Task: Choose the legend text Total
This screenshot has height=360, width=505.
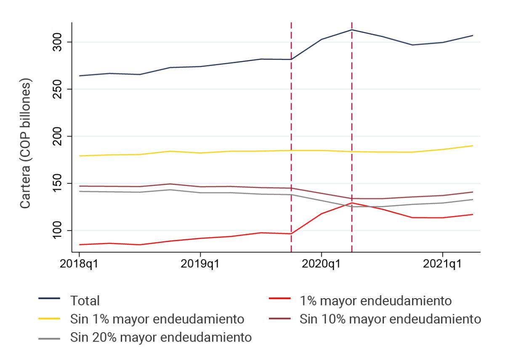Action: (x=86, y=301)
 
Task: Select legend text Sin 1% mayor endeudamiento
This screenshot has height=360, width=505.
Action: (x=157, y=319)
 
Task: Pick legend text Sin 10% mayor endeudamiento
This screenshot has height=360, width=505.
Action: (x=390, y=319)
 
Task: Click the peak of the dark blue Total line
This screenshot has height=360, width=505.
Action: (x=351, y=30)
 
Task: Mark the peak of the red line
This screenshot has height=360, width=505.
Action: (x=351, y=203)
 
